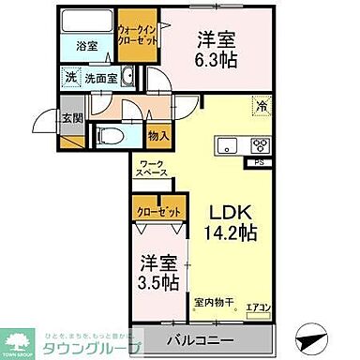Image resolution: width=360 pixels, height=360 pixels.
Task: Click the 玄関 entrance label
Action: [72, 118]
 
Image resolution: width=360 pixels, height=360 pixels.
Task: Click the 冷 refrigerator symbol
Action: [262, 107]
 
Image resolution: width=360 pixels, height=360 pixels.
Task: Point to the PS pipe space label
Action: [259, 161]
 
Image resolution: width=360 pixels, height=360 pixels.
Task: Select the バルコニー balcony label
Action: [202, 338]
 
